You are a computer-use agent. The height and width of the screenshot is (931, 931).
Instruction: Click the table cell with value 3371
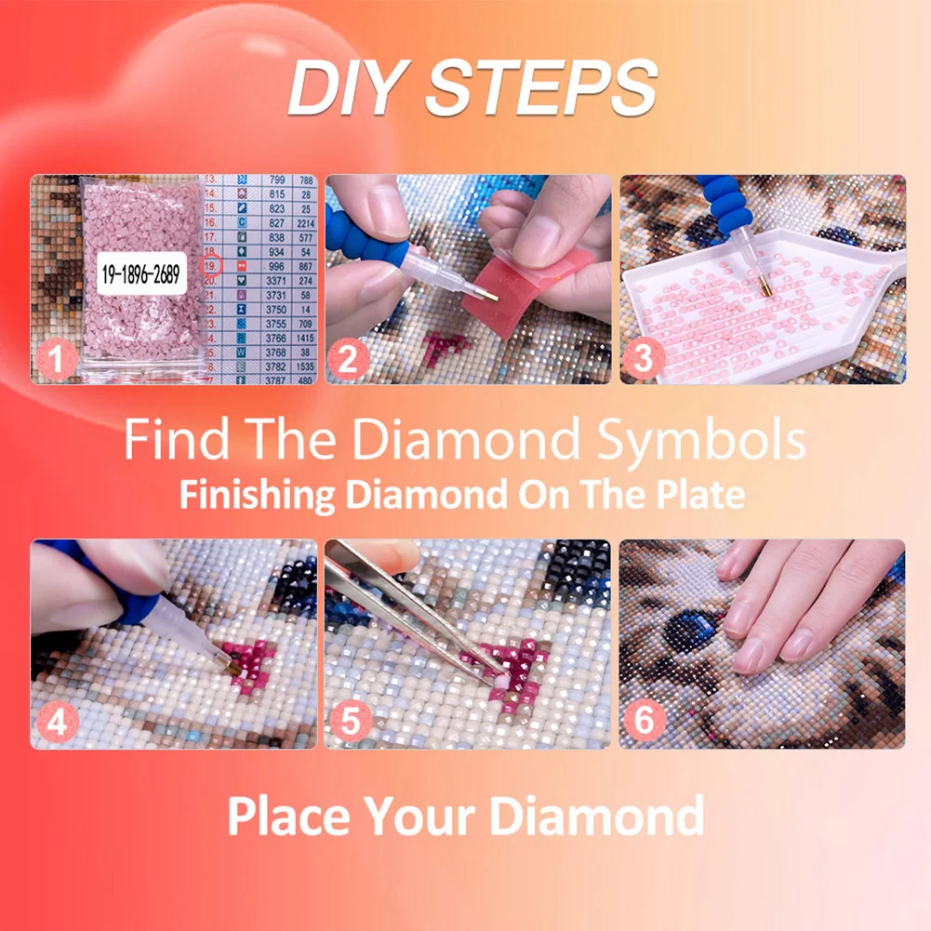point(277,281)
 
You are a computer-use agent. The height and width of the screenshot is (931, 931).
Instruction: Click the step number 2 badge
point(347,360)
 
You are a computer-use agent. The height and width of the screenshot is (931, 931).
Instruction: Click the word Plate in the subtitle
point(702,494)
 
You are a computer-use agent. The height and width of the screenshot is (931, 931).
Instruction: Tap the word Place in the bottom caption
point(288,815)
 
